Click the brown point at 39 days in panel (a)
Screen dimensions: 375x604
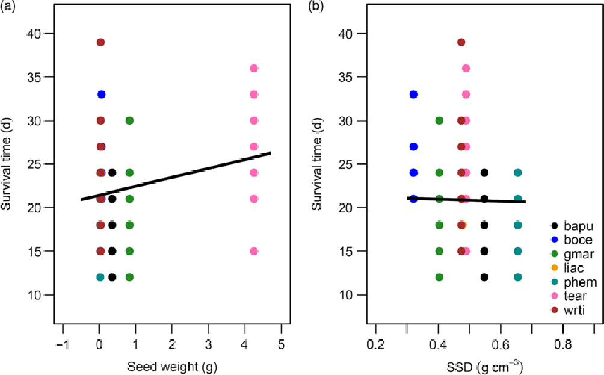[100, 42]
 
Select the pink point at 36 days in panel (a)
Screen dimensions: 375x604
[254, 69]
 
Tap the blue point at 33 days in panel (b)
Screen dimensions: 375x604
[414, 95]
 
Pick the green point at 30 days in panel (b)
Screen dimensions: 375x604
[439, 120]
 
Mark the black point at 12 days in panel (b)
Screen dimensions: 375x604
[484, 277]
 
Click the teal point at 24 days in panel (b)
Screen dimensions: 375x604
[517, 173]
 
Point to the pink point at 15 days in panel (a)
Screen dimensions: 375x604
[254, 251]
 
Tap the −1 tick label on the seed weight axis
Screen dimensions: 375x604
[61, 342]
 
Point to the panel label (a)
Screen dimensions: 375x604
[10, 7]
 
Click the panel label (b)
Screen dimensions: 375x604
[319, 7]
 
